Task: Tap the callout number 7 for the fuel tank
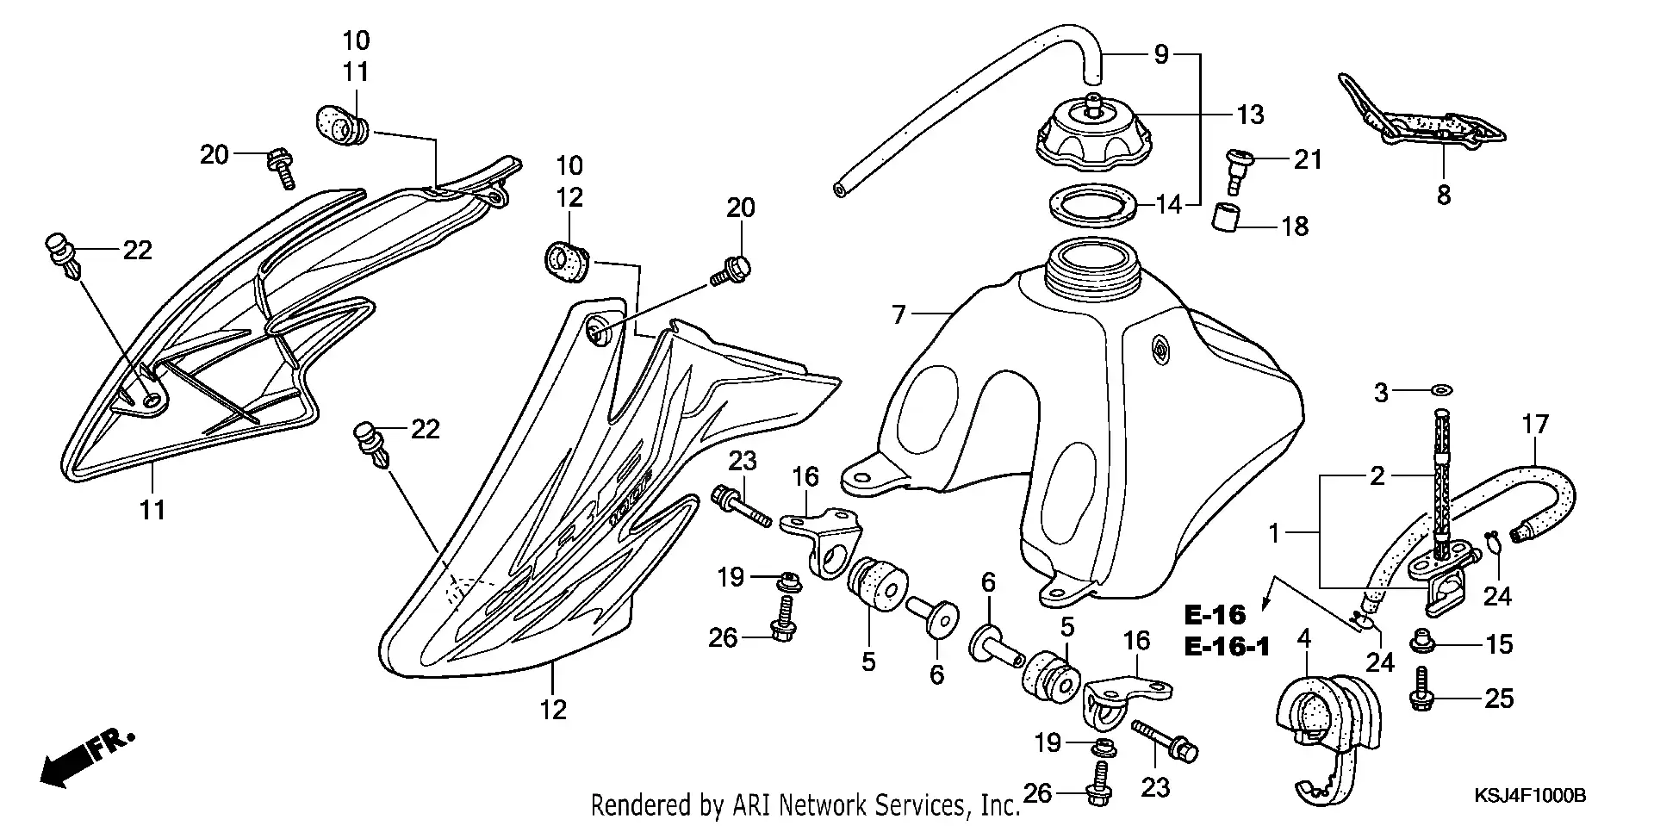point(899,315)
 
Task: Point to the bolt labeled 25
point(1421,691)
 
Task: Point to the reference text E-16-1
point(1228,645)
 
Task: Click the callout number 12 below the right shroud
point(553,709)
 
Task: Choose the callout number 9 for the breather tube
point(1162,55)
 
